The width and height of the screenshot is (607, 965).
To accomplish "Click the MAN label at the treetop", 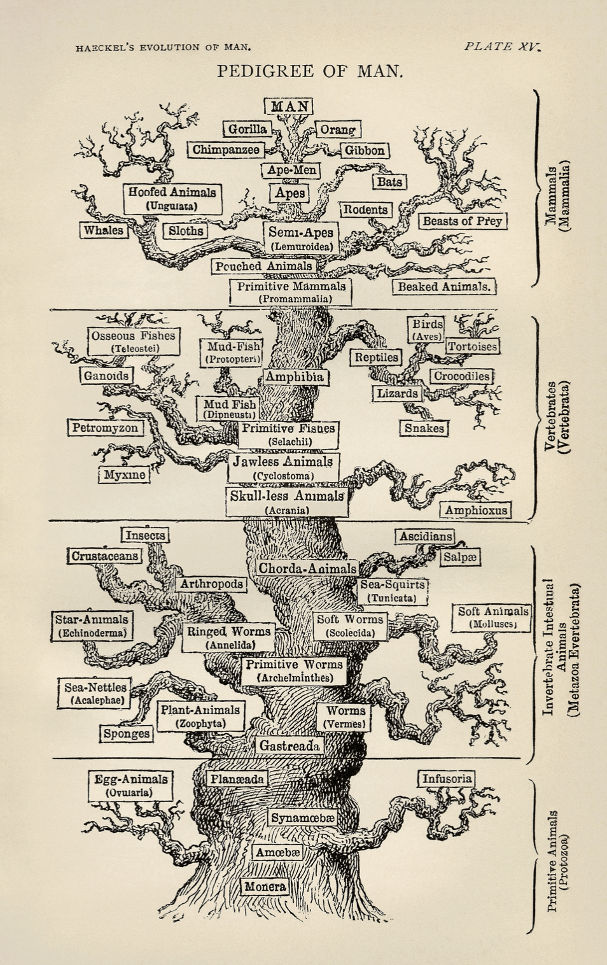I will [x=289, y=106].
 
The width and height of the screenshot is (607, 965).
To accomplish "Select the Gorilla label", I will [x=248, y=129].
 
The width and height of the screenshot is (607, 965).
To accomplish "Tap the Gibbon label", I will [x=365, y=150].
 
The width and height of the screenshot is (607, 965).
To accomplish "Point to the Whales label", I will [x=104, y=230].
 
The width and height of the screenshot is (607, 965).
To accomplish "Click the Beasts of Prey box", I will [x=463, y=221].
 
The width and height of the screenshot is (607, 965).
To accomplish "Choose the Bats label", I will [x=389, y=182].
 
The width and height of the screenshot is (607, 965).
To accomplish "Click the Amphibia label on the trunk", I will [x=294, y=377].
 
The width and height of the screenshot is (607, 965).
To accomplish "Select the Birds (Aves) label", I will [x=426, y=329].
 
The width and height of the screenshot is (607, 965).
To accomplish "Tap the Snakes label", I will [x=424, y=428].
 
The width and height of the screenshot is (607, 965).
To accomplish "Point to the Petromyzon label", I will [x=105, y=428].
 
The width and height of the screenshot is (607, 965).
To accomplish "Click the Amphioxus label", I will [x=476, y=510].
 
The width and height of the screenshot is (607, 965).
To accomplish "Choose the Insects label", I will [x=145, y=535].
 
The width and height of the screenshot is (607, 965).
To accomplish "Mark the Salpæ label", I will [x=460, y=557].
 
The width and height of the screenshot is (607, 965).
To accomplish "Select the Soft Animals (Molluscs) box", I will [x=493, y=617].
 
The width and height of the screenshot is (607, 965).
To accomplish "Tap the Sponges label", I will [x=127, y=734].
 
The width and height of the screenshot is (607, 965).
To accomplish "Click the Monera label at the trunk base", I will [x=265, y=886].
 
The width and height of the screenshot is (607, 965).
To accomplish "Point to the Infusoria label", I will [x=447, y=778].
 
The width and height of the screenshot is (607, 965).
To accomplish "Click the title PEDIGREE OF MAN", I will [x=310, y=71].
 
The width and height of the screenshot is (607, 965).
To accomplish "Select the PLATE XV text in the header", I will [x=501, y=46].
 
